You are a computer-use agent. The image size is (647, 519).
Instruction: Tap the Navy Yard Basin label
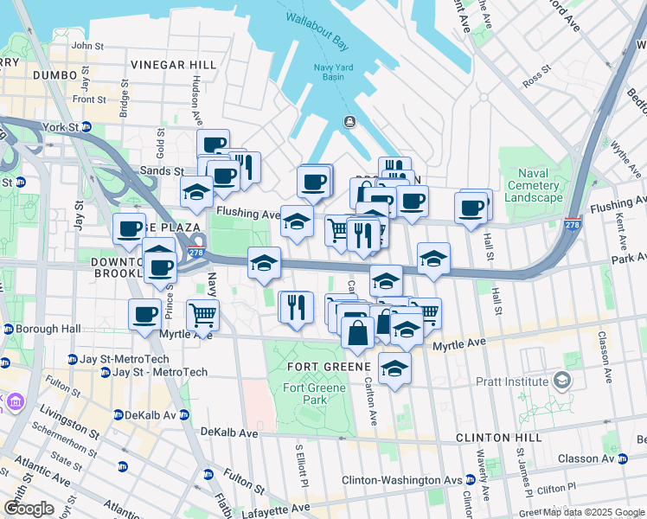[x=327, y=70]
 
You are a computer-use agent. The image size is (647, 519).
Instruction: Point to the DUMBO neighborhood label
[x=55, y=76]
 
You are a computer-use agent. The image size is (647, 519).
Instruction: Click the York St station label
[x=65, y=126]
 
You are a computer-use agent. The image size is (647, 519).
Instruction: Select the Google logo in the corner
[x=29, y=509]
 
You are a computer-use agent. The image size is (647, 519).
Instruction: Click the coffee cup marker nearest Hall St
[x=471, y=208]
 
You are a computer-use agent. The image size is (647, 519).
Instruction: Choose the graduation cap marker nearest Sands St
[x=197, y=192]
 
